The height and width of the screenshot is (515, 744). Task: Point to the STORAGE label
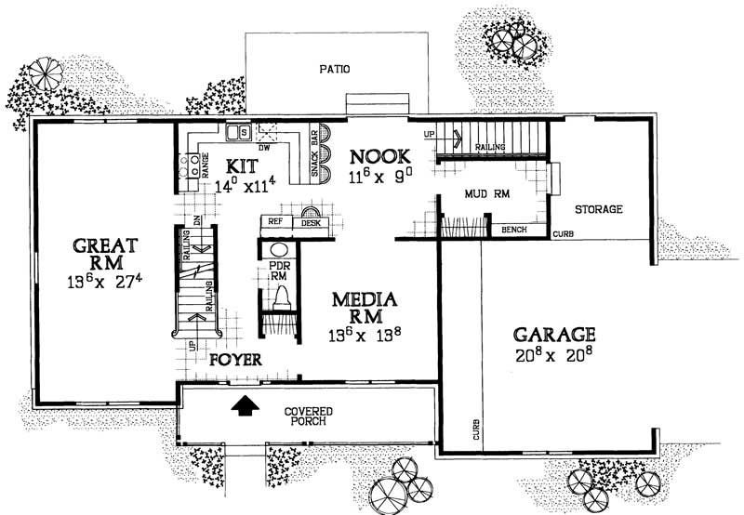[598, 209]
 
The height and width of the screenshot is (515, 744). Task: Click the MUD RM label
[485, 193]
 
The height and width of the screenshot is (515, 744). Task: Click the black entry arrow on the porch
[244, 404]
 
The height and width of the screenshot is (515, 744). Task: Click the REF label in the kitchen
[275, 222]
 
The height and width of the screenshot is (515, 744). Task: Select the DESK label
[311, 223]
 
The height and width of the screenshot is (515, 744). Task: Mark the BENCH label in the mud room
[514, 228]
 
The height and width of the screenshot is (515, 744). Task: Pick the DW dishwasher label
[263, 147]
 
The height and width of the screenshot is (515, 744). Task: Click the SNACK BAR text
[314, 164]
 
